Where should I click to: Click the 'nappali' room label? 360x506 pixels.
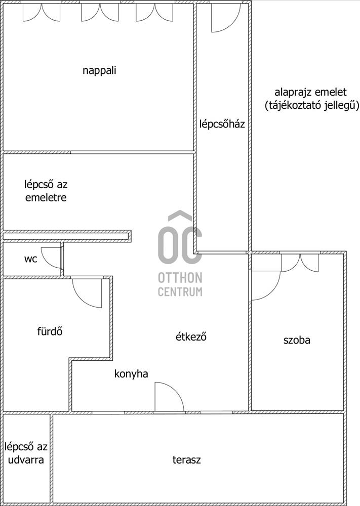click(99, 71)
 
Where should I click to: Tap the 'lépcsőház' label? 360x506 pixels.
click(222, 123)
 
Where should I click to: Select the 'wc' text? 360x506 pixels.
click(31, 259)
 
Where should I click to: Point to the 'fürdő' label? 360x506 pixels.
click(50, 331)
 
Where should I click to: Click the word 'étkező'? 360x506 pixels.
click(191, 336)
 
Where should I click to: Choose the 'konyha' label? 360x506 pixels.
click(131, 374)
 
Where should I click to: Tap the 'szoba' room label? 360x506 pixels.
click(297, 340)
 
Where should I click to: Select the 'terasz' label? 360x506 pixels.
click(186, 459)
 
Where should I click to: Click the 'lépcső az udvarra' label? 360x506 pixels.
click(26, 453)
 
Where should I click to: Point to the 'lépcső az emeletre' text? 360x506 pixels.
click(46, 191)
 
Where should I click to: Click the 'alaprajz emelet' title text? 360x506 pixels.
click(310, 92)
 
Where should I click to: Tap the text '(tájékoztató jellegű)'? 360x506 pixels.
click(312, 106)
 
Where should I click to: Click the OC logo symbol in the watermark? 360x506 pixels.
click(180, 238)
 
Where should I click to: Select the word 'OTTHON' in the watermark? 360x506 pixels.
click(180, 277)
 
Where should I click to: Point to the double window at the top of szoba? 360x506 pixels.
click(300, 263)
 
